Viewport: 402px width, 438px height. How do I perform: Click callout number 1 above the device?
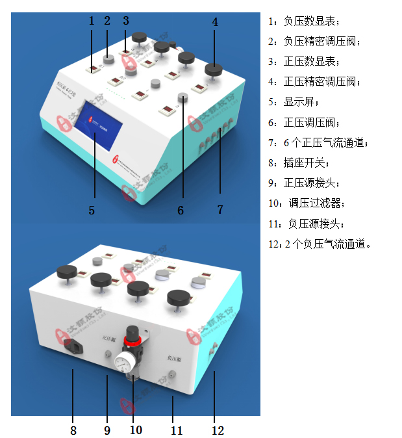coord(92,21)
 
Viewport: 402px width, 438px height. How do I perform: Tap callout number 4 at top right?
coord(215,21)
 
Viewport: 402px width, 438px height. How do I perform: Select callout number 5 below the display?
coord(92,210)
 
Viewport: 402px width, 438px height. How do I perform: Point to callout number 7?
coord(220,210)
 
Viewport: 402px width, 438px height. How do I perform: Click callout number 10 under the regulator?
coord(136,430)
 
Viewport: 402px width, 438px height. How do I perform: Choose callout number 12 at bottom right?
coord(218,430)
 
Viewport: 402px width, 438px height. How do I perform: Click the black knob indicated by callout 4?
coord(214,70)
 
